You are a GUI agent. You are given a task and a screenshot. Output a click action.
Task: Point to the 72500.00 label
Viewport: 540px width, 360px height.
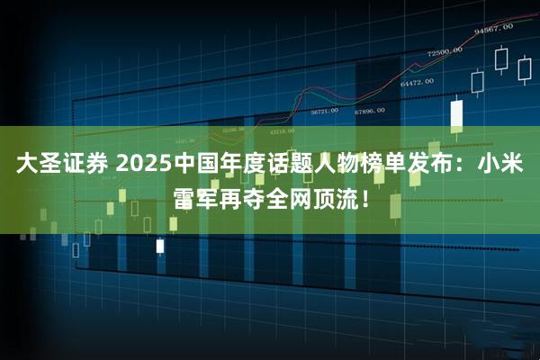[444, 51]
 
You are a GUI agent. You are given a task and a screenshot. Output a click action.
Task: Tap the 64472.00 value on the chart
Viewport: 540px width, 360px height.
[417, 82]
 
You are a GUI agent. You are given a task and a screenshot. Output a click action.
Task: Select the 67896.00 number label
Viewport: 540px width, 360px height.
[369, 111]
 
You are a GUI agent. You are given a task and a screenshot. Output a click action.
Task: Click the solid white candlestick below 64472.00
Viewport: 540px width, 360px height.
[456, 114]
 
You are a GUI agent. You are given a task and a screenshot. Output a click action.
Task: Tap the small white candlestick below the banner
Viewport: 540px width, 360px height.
[160, 245]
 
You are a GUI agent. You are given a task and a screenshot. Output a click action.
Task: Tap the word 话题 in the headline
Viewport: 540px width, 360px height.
[286, 166]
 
